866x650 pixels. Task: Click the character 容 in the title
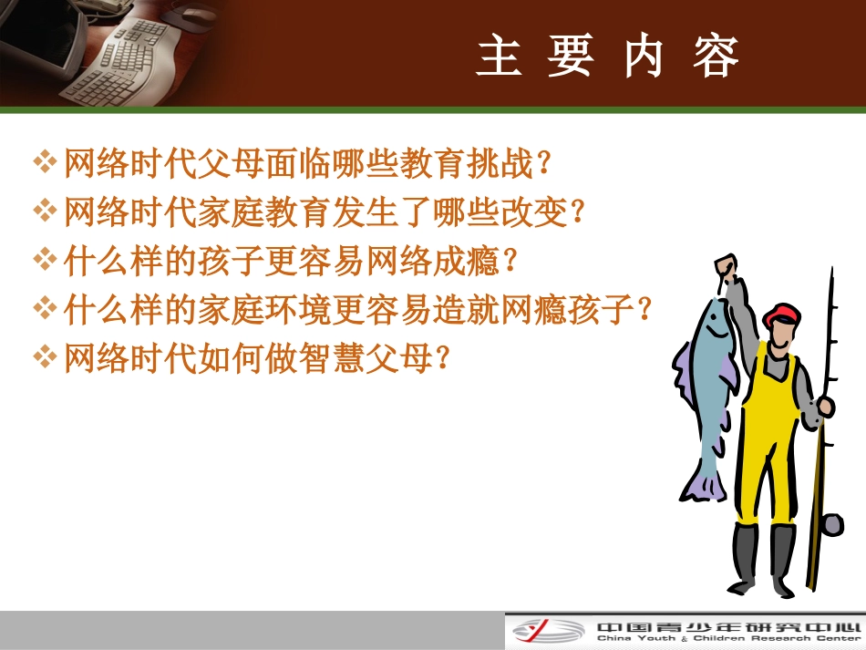pos(715,57)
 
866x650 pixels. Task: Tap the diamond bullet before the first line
pos(45,164)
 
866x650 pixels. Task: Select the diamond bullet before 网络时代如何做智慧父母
pos(45,356)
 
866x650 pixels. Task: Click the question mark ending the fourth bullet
pos(644,310)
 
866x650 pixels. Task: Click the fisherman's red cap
pos(782,314)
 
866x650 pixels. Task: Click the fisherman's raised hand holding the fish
pos(725,266)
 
